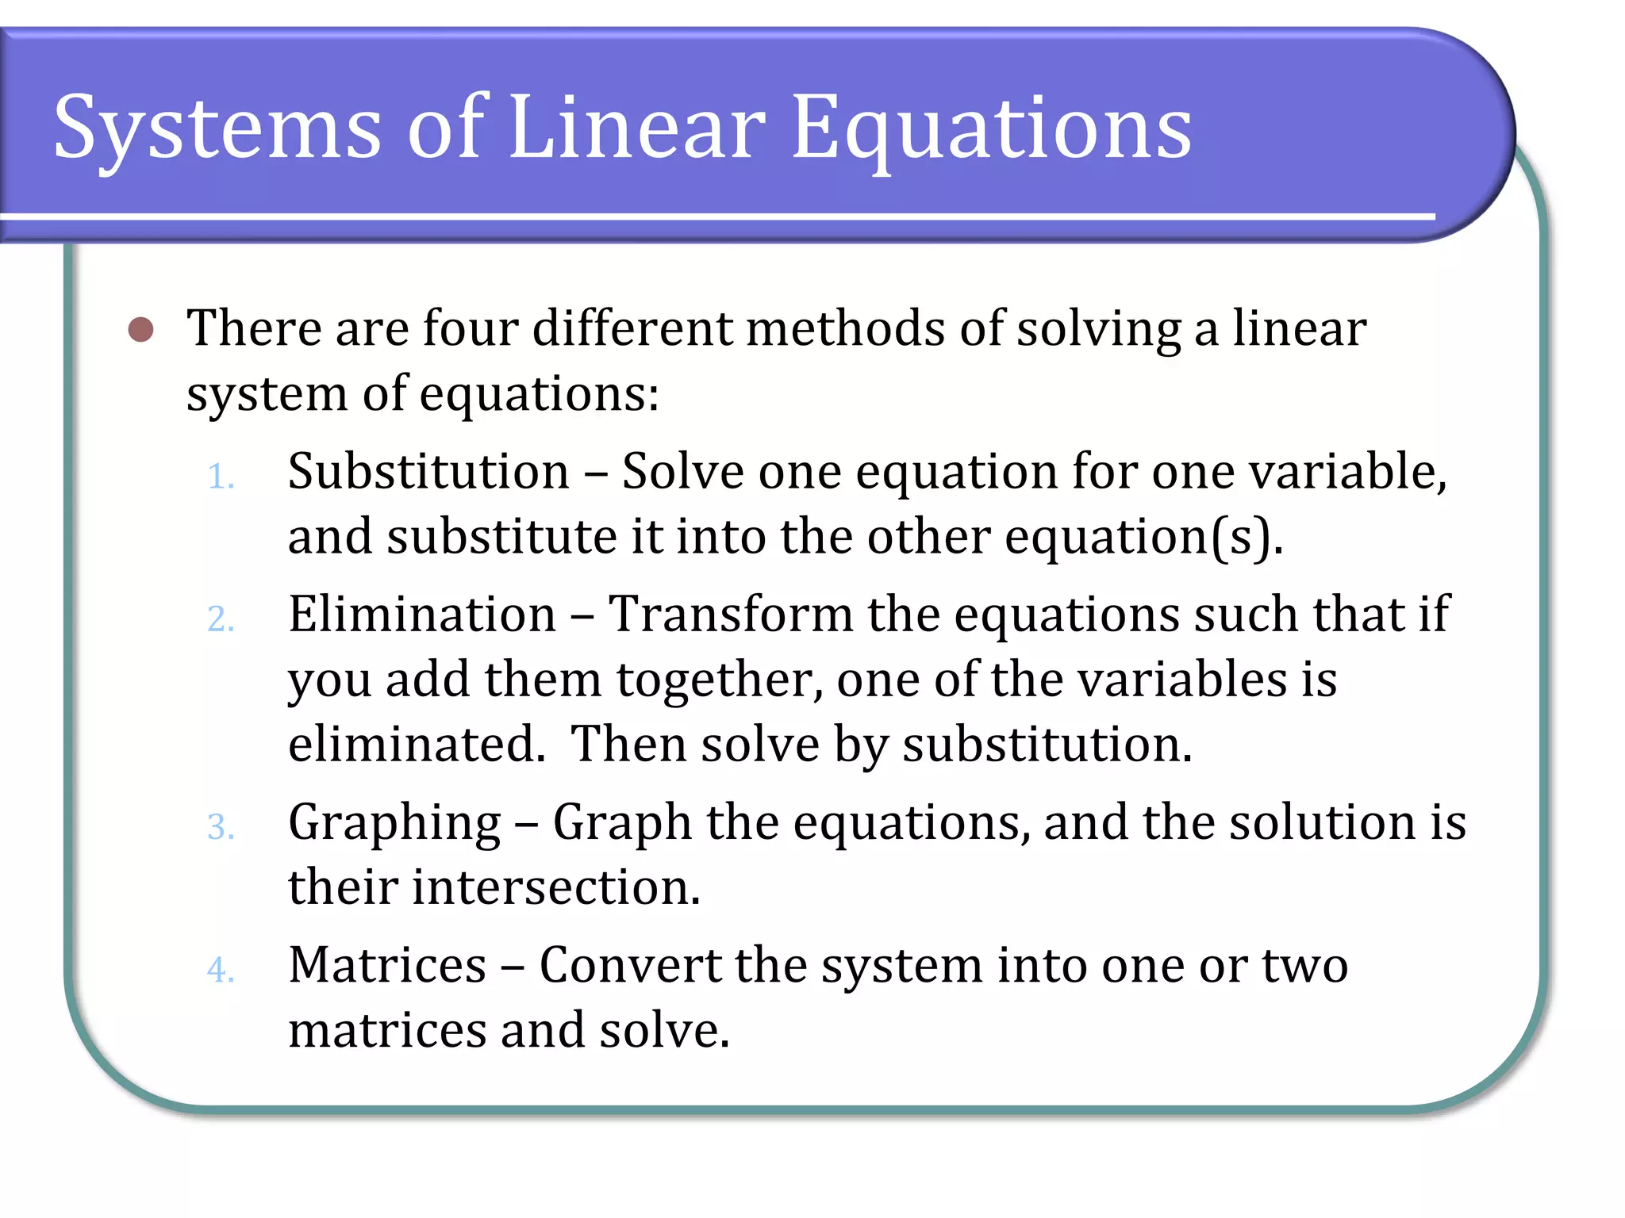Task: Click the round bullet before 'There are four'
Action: pos(141,329)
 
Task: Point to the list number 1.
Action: pos(220,477)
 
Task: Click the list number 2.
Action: pos(221,619)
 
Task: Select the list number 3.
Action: pos(221,827)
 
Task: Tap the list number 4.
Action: pos(221,970)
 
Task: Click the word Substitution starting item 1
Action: pos(428,472)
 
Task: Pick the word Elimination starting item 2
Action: pos(422,615)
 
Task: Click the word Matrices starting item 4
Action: pos(387,966)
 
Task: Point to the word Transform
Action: pos(730,615)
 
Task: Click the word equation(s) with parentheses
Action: pos(1143,538)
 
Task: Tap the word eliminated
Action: pos(417,745)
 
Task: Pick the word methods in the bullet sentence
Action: pos(845,328)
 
